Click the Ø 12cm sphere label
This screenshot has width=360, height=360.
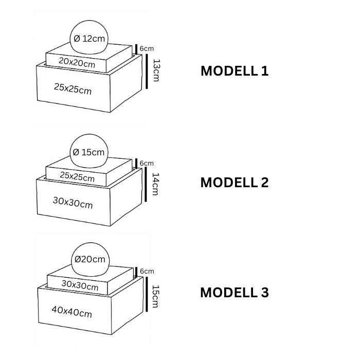point(89,39)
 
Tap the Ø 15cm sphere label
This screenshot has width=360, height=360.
point(88,152)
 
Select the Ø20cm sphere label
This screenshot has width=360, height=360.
point(90,259)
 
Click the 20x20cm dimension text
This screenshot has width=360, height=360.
point(77,62)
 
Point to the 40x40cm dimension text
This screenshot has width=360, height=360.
point(72,312)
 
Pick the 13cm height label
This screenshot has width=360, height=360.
point(156,70)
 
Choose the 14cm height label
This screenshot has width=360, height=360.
point(155,184)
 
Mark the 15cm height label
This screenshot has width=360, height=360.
point(155,296)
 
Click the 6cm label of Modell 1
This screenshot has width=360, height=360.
point(147,49)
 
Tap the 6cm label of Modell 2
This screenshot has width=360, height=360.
point(147,163)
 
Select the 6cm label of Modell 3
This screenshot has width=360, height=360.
point(147,271)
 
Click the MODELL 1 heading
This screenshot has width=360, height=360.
point(235,71)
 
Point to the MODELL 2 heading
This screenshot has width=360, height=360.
point(235,183)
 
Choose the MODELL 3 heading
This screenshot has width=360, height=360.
point(235,293)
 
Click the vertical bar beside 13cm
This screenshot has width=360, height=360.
point(147,71)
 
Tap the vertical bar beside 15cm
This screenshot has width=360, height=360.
point(147,294)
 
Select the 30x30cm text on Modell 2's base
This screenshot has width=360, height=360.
point(73,203)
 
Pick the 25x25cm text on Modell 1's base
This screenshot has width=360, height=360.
point(73,88)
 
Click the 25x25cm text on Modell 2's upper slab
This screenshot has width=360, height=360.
point(77,176)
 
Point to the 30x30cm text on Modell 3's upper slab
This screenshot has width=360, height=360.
point(80,285)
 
